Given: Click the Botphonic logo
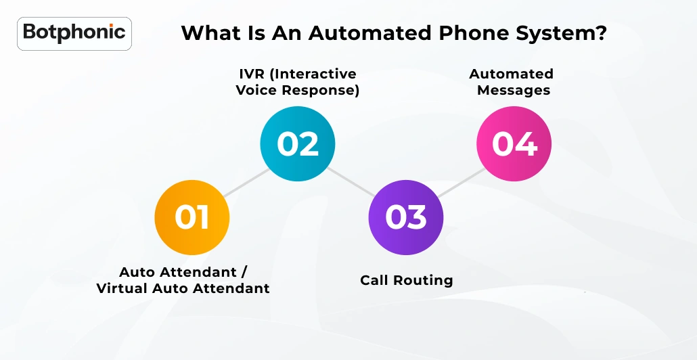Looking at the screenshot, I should click(74, 32).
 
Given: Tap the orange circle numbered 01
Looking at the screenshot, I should click(192, 217).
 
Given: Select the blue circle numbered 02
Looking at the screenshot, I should click(298, 143).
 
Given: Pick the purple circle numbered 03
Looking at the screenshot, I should click(406, 217).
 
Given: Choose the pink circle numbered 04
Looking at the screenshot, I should click(514, 143).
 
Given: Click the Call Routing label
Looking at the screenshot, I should click(406, 280).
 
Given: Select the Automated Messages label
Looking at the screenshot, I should click(512, 82).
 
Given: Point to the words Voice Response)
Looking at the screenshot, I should click(298, 91).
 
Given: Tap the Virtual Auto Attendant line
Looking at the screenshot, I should click(183, 289).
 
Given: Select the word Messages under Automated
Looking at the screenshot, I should click(514, 91).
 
